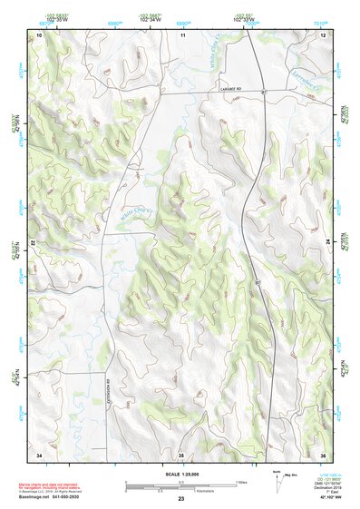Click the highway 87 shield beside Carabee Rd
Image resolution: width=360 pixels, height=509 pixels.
[262, 93]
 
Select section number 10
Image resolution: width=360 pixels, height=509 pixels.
[39, 34]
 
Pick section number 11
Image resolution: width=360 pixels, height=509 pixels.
[181, 34]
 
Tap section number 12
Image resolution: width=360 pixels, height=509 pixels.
[323, 34]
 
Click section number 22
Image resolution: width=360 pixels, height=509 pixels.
[34, 243]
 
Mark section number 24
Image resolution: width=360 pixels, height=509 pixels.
[327, 243]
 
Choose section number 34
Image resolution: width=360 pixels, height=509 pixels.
[39, 453]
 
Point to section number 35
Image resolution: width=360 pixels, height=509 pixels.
[181, 453]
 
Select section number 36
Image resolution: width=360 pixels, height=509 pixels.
[323, 453]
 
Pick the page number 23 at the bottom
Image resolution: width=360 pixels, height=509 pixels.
[181, 500]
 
